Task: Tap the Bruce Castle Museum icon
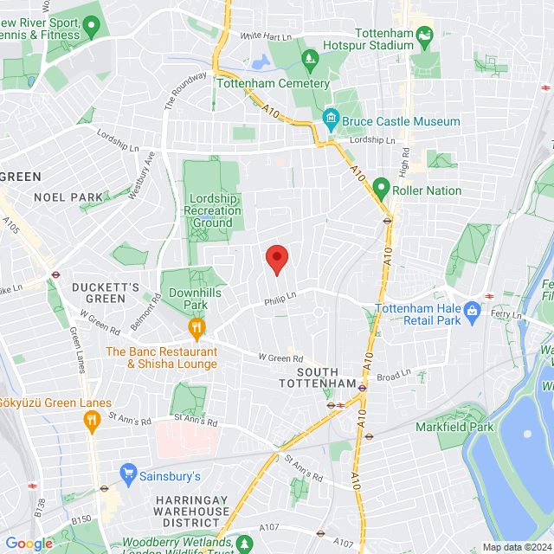331,117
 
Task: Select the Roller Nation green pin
380,186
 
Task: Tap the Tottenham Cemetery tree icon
309,59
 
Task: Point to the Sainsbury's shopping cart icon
129,475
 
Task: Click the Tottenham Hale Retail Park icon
472,309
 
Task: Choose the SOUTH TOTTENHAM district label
317,377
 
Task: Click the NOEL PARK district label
68,197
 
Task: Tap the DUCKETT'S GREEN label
106,293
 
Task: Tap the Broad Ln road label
393,376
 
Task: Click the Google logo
29,543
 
